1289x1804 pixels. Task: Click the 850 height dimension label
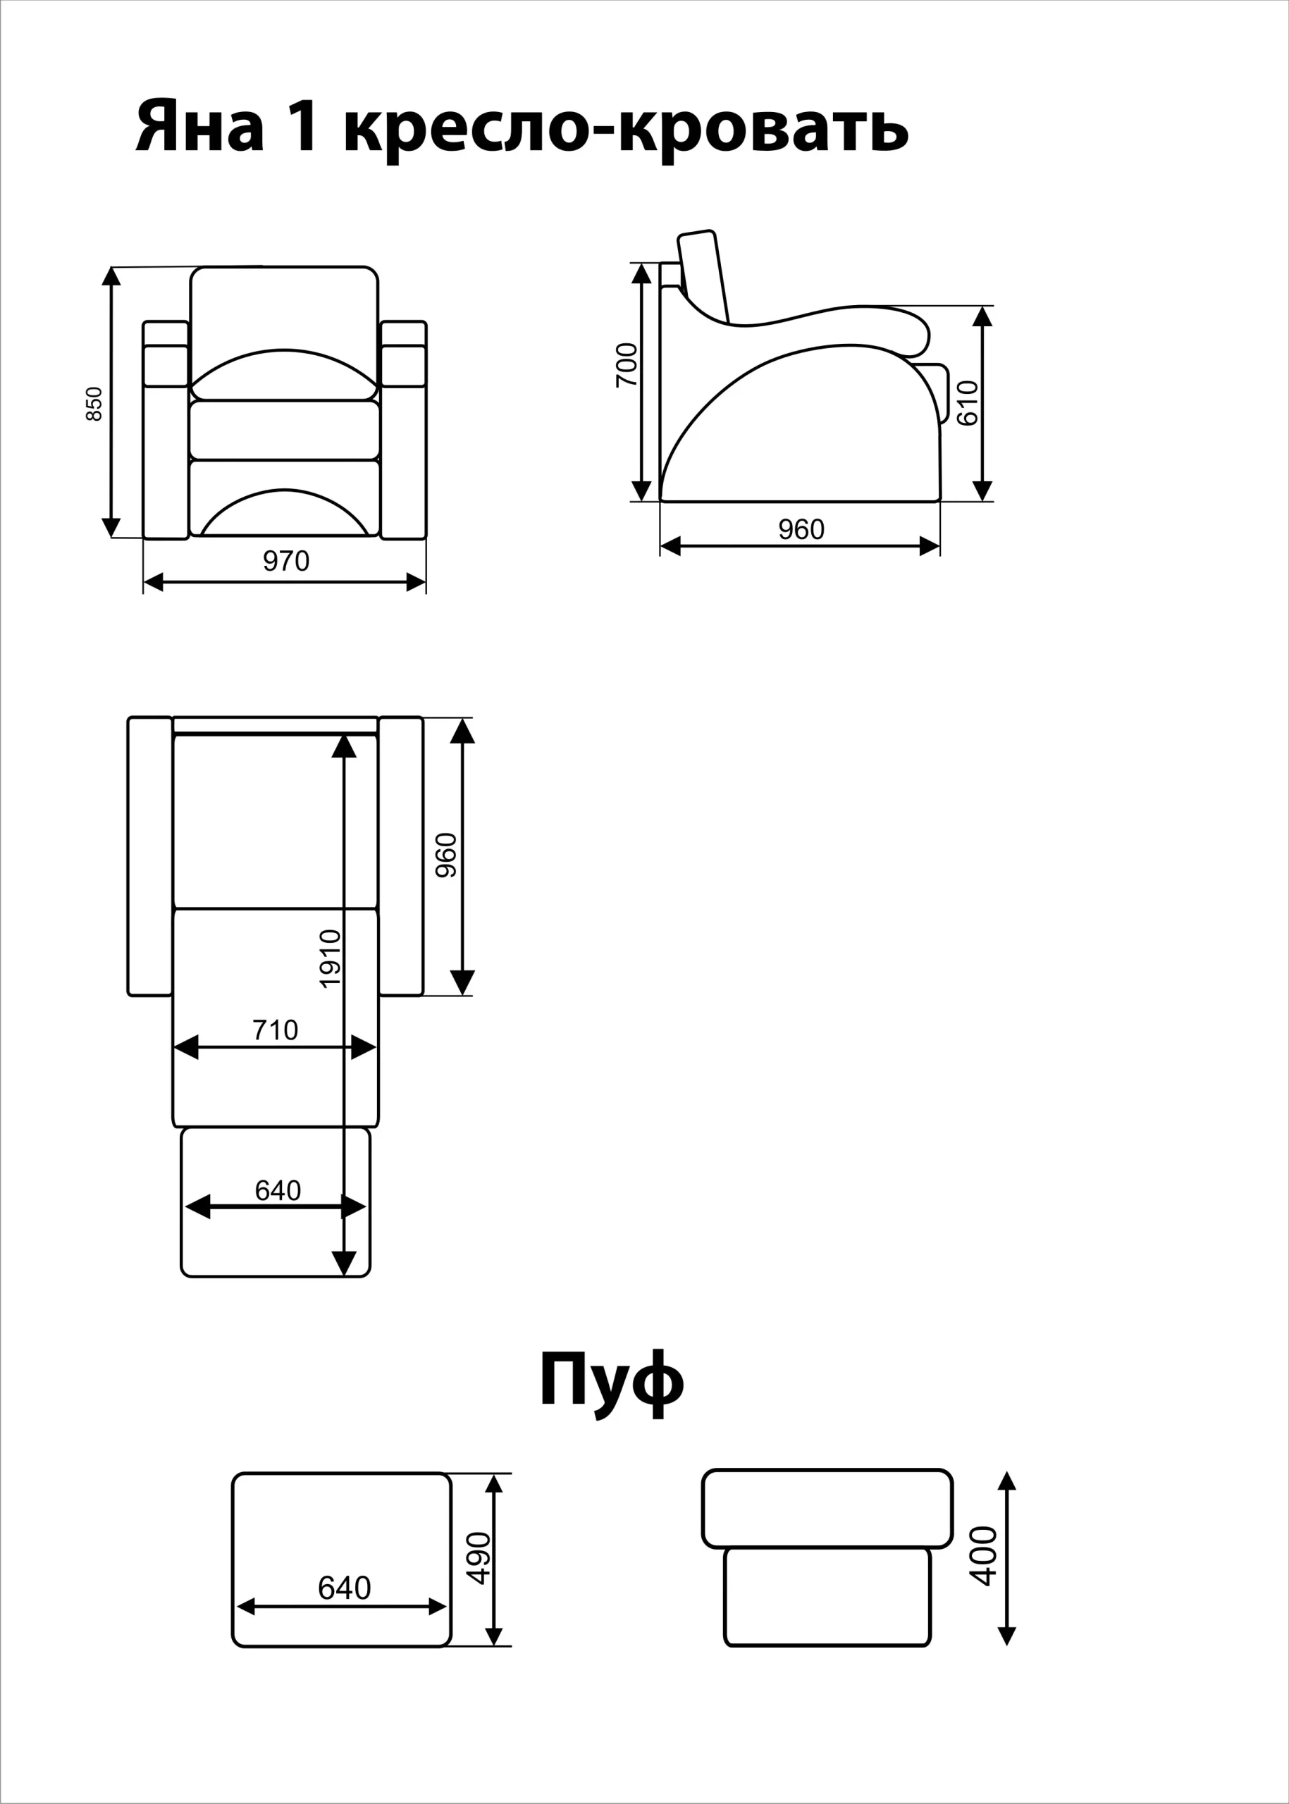pos(94,404)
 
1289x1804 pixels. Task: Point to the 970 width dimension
pos(285,561)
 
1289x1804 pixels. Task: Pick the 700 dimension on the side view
pos(627,365)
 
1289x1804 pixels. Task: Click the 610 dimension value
pos(968,403)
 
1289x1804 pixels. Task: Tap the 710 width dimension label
pos(276,1030)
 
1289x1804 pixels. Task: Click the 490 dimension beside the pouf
pos(479,1559)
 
